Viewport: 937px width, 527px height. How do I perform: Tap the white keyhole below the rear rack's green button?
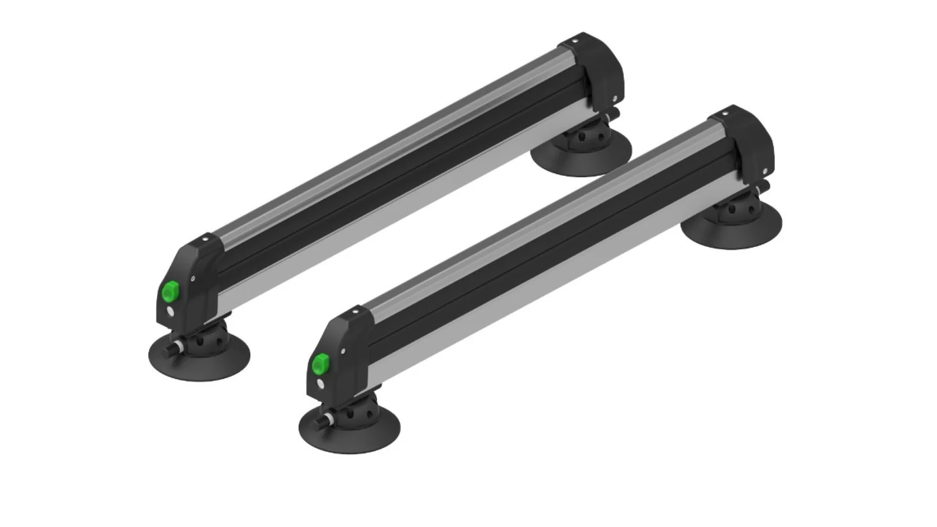tap(169, 311)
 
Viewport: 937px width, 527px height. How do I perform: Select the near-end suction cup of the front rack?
tap(349, 429)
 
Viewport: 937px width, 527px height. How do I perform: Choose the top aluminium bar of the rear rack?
tap(386, 146)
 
